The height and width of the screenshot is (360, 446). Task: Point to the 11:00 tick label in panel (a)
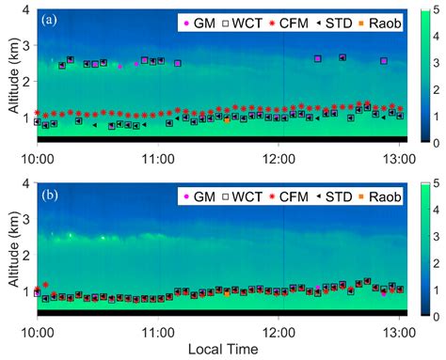[x=158, y=155]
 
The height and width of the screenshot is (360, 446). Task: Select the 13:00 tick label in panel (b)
[x=400, y=331]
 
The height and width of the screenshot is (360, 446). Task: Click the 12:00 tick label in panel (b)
[x=279, y=331]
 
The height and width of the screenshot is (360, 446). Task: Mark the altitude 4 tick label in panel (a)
[x=26, y=8]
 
